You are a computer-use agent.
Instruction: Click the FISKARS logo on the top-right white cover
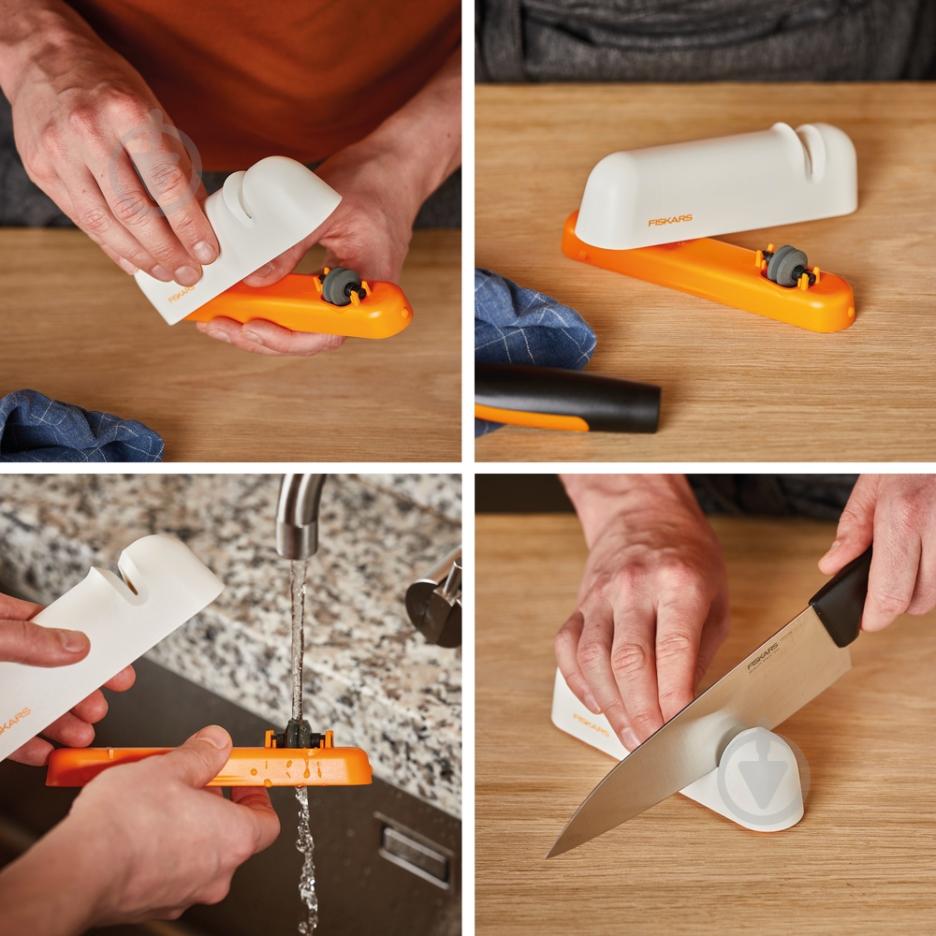pos(670,220)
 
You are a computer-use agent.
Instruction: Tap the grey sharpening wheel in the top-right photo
pos(786,265)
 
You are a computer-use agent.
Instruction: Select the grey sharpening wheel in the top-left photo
pos(340,286)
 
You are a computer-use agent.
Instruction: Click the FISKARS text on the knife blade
pos(763,655)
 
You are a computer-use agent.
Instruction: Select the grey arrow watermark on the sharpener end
pos(759,776)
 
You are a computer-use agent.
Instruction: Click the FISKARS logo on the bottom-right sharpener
pos(591,724)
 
